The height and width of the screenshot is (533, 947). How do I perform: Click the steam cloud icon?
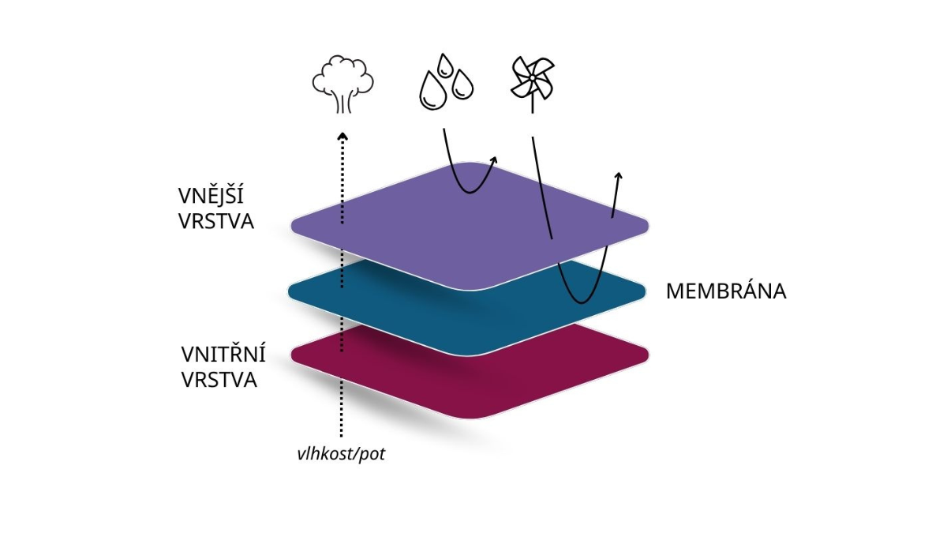tap(342, 82)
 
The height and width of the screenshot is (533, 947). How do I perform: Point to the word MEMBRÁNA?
tap(726, 291)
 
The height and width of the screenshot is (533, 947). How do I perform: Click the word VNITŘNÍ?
tap(223, 354)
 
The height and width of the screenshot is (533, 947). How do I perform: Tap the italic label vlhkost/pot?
tap(341, 456)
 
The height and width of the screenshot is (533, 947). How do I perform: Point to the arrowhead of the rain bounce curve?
tap(495, 160)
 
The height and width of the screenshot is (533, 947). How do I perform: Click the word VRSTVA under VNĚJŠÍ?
tap(216, 221)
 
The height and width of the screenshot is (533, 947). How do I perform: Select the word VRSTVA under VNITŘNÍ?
tap(219, 380)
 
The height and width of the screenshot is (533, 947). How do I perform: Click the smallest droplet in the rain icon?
tap(445, 63)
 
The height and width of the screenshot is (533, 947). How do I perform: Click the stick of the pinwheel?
tap(532, 103)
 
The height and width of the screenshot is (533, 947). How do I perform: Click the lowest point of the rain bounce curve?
tap(469, 192)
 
